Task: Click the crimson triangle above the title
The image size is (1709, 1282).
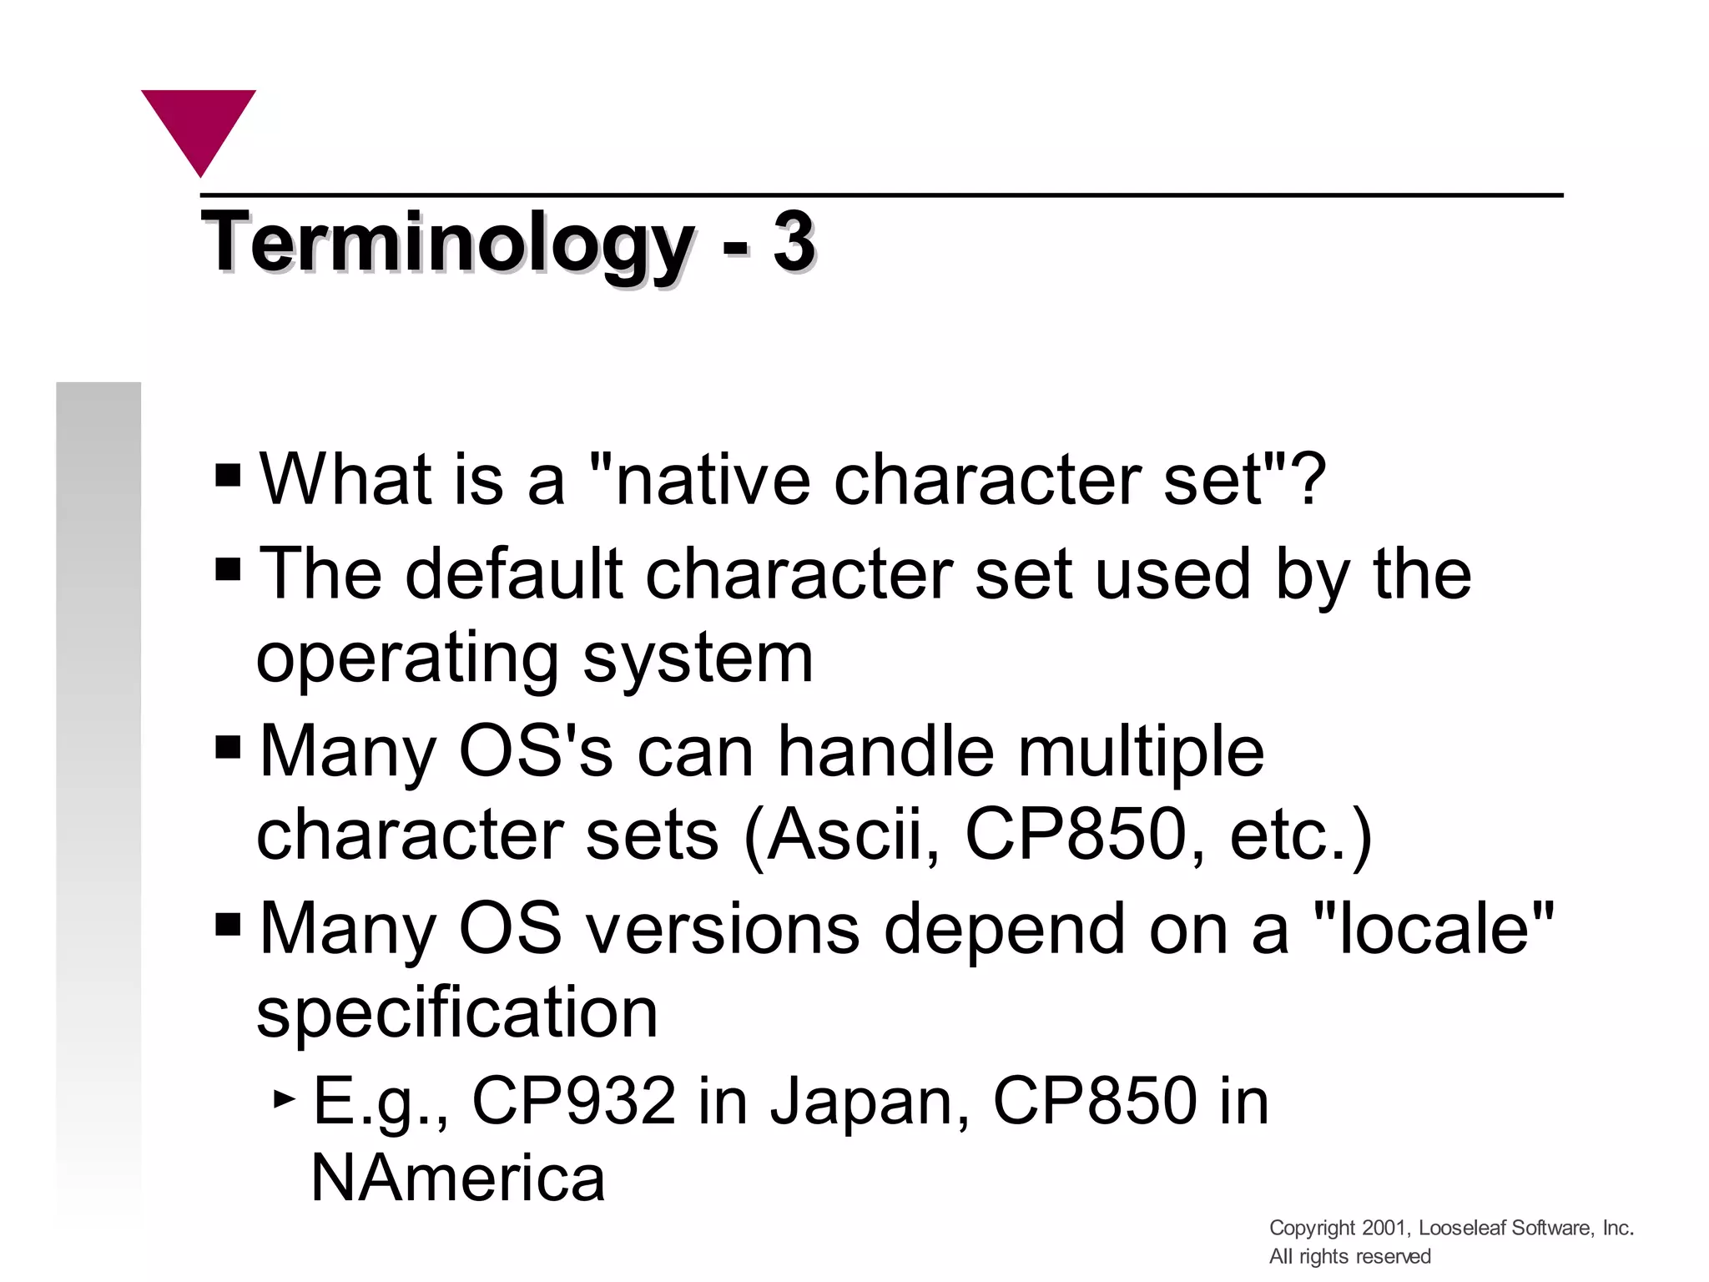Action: pos(199,125)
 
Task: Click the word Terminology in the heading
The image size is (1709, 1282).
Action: pos(447,244)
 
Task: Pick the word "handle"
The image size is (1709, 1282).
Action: pos(885,750)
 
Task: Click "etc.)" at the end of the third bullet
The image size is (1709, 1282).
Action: pos(1300,836)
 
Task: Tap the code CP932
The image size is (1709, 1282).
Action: pos(573,1101)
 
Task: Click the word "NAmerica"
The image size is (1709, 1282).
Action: pos(457,1179)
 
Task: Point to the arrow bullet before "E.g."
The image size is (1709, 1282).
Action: pos(285,1099)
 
